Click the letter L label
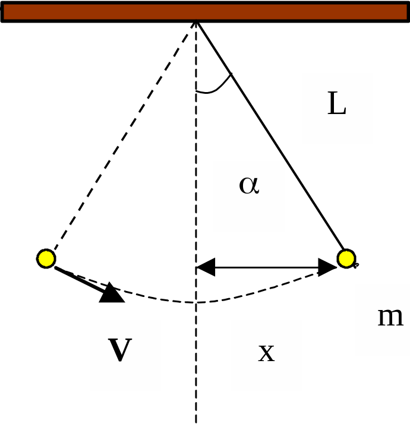(336, 105)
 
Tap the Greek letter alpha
(249, 185)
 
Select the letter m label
(390, 317)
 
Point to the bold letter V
(119, 350)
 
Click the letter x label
(266, 353)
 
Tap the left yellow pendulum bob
(46, 258)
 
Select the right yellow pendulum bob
(346, 258)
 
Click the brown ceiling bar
(204, 11)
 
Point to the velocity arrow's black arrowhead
(111, 293)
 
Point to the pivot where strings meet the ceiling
(196, 21)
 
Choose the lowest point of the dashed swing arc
(196, 303)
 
